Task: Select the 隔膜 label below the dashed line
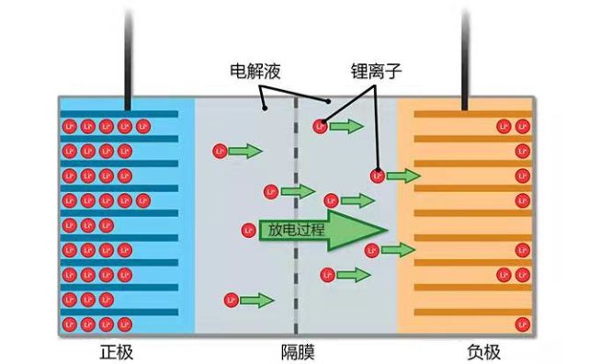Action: tap(297, 350)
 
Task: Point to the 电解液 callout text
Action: tap(254, 70)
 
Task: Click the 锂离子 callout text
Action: tap(375, 70)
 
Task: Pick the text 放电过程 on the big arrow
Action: tap(294, 230)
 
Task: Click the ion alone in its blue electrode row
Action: tap(68, 225)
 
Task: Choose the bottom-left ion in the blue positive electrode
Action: tap(68, 324)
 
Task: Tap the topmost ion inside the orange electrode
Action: tap(504, 126)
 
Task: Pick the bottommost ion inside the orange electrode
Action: tap(522, 324)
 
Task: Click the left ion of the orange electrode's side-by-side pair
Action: tap(504, 274)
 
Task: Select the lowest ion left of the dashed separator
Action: tap(230, 300)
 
